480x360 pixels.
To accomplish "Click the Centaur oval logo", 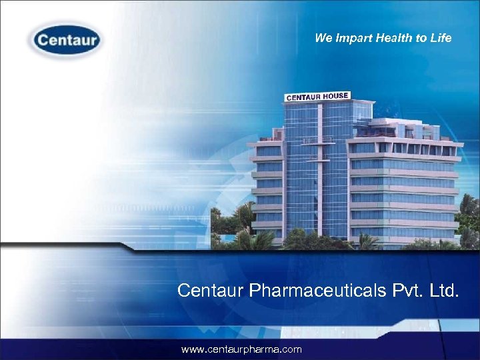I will click(65, 41).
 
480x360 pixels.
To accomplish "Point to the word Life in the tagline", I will click(441, 38).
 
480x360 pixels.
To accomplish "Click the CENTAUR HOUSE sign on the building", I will click(317, 97).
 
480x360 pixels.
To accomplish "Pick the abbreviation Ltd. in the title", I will click(446, 290).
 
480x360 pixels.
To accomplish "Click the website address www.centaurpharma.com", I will click(241, 349).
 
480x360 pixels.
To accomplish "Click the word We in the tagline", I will click(323, 38).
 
